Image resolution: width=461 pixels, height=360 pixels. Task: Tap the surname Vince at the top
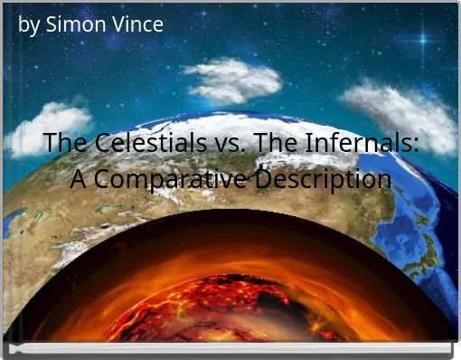pos(137,24)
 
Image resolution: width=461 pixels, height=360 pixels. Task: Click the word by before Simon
pos(29,25)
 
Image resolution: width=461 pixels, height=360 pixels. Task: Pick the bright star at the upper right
pos(422,41)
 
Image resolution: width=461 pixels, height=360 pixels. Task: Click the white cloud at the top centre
pos(233,80)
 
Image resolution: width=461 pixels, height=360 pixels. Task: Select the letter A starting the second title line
pos(80,179)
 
